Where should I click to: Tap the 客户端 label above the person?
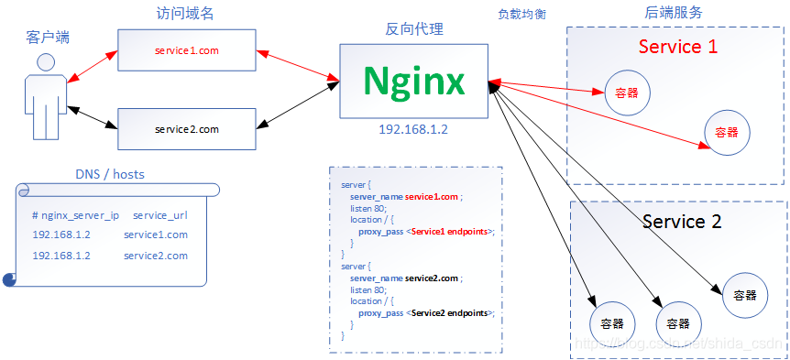48,38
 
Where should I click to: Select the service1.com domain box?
187,50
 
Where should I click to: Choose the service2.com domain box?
187,129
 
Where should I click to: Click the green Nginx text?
412,81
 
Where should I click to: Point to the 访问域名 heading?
185,14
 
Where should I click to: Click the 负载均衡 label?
521,15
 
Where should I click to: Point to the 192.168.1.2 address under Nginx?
412,129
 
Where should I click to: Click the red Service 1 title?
677,47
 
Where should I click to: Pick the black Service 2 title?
681,222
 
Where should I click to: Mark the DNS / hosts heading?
109,174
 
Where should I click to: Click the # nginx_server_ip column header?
75,215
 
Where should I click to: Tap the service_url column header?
161,215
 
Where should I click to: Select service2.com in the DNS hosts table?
156,256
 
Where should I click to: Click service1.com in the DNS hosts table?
156,235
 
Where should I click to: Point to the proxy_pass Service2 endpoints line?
426,312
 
